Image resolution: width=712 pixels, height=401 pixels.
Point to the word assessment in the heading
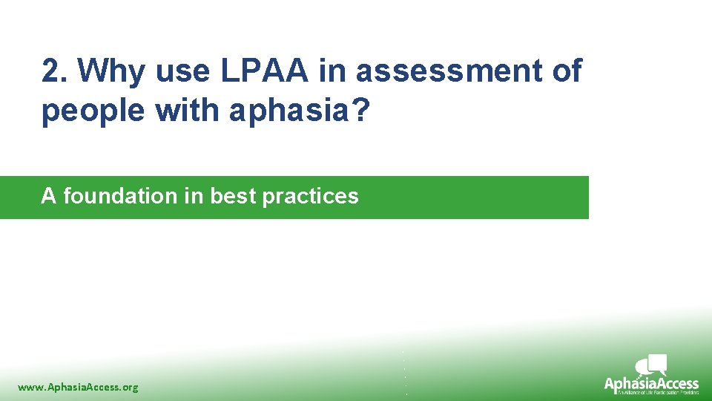pos(445,72)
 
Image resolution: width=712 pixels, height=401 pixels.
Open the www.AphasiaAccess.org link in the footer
pos(78,387)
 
